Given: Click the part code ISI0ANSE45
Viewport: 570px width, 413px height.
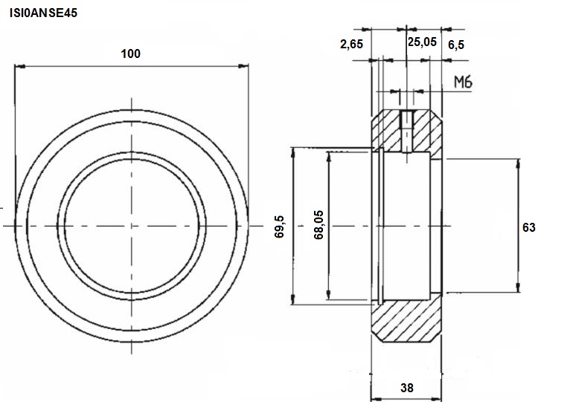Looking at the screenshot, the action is (x=43, y=13).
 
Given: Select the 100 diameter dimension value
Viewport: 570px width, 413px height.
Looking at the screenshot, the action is (x=130, y=53).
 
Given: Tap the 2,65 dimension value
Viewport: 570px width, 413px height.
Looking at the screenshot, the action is (x=351, y=45).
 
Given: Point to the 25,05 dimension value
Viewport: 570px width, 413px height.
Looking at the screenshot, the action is (x=422, y=42).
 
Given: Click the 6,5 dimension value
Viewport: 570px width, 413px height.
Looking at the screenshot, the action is (x=456, y=45).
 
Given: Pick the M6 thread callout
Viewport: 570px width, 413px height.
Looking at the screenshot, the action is (x=463, y=82).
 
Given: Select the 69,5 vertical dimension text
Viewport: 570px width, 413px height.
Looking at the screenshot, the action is (x=279, y=227).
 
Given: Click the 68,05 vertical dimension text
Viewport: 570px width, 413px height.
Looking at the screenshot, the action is (x=318, y=224).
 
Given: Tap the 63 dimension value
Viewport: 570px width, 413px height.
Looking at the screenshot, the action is (x=528, y=227).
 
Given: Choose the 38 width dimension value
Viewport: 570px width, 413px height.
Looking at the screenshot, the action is (x=407, y=388).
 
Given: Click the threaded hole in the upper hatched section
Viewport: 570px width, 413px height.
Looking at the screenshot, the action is (x=407, y=131).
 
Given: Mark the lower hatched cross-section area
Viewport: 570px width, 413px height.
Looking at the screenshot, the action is (x=407, y=319).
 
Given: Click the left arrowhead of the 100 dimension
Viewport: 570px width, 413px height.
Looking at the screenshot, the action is (x=19, y=66).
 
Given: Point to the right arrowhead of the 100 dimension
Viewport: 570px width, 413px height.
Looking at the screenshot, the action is (x=243, y=66).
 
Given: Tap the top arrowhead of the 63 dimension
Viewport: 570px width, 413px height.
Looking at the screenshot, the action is (x=518, y=164).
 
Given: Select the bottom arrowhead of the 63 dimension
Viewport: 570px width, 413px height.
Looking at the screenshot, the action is (x=518, y=287).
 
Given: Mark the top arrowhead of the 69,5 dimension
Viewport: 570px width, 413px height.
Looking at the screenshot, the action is (x=293, y=153).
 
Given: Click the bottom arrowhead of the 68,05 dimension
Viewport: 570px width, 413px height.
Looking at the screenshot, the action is (x=329, y=294).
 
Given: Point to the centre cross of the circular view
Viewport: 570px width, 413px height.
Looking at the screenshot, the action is (x=132, y=226).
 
